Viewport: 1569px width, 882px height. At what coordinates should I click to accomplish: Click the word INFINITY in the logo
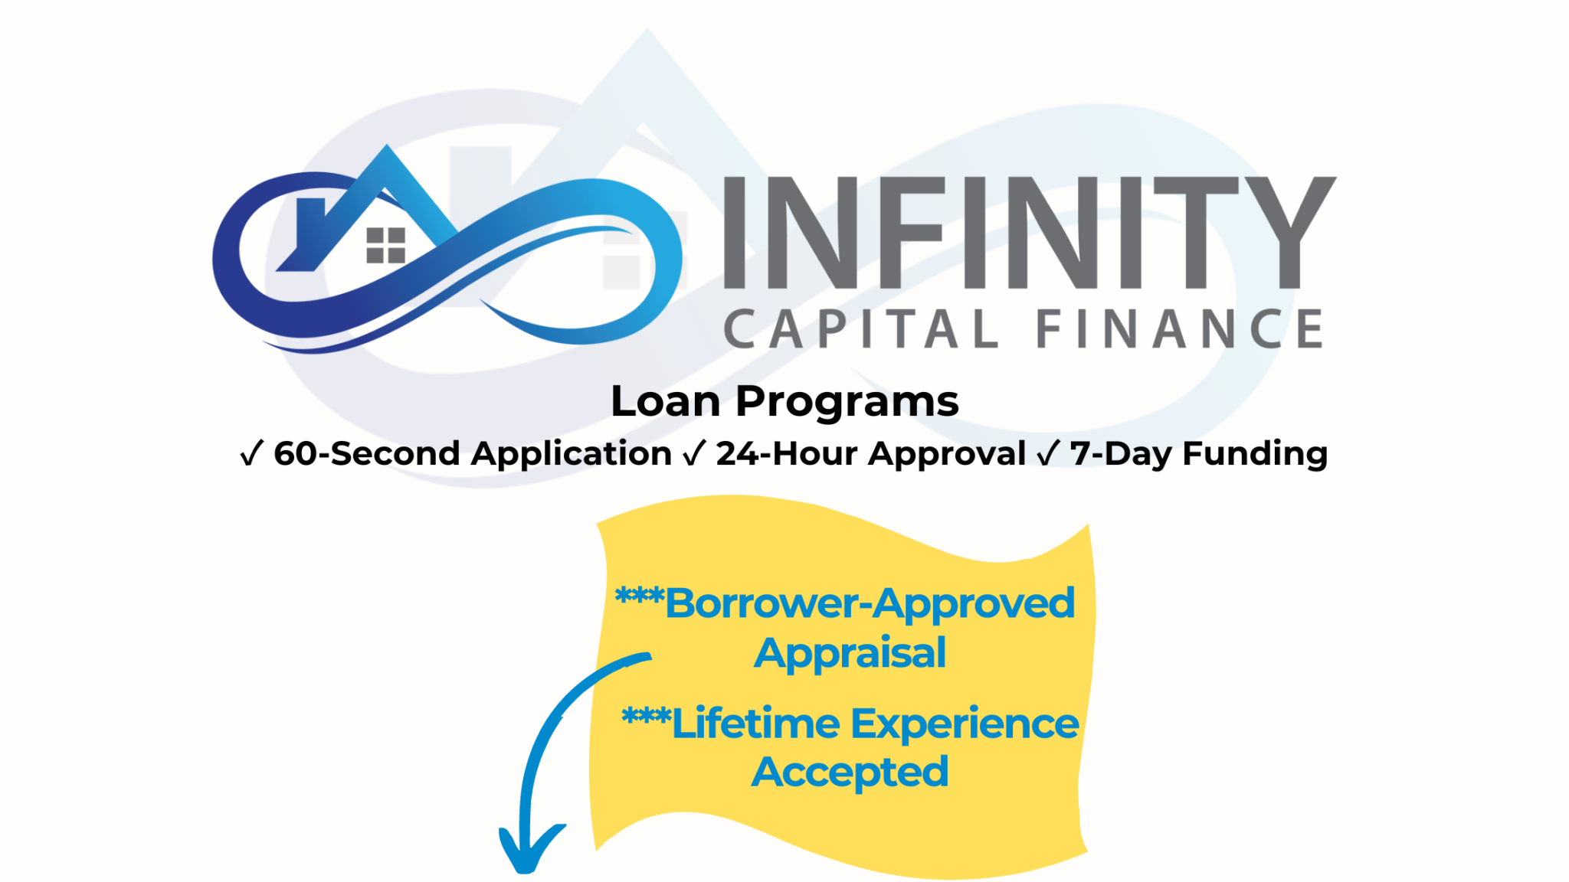[1027, 233]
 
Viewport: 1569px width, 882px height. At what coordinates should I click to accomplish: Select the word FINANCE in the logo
[1180, 330]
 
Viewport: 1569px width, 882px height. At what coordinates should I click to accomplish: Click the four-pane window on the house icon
[385, 246]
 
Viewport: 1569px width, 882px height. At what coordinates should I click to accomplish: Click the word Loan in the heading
[665, 401]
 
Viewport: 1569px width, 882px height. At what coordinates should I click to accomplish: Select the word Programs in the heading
[847, 403]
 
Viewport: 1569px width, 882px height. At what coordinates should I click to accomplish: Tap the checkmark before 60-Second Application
[252, 453]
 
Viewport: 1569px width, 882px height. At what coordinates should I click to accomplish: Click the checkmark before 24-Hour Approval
[693, 453]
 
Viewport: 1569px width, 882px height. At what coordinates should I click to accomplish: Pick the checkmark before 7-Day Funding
[1047, 453]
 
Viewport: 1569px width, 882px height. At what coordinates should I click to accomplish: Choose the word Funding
[1255, 453]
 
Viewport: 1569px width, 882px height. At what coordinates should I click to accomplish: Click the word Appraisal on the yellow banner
[850, 654]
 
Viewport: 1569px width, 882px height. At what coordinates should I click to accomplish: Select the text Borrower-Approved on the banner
[870, 604]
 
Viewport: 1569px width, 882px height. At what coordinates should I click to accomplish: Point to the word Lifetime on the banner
[755, 724]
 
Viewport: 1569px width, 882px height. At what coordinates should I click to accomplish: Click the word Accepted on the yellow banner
[850, 773]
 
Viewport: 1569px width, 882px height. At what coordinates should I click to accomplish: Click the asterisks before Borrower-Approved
[639, 595]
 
